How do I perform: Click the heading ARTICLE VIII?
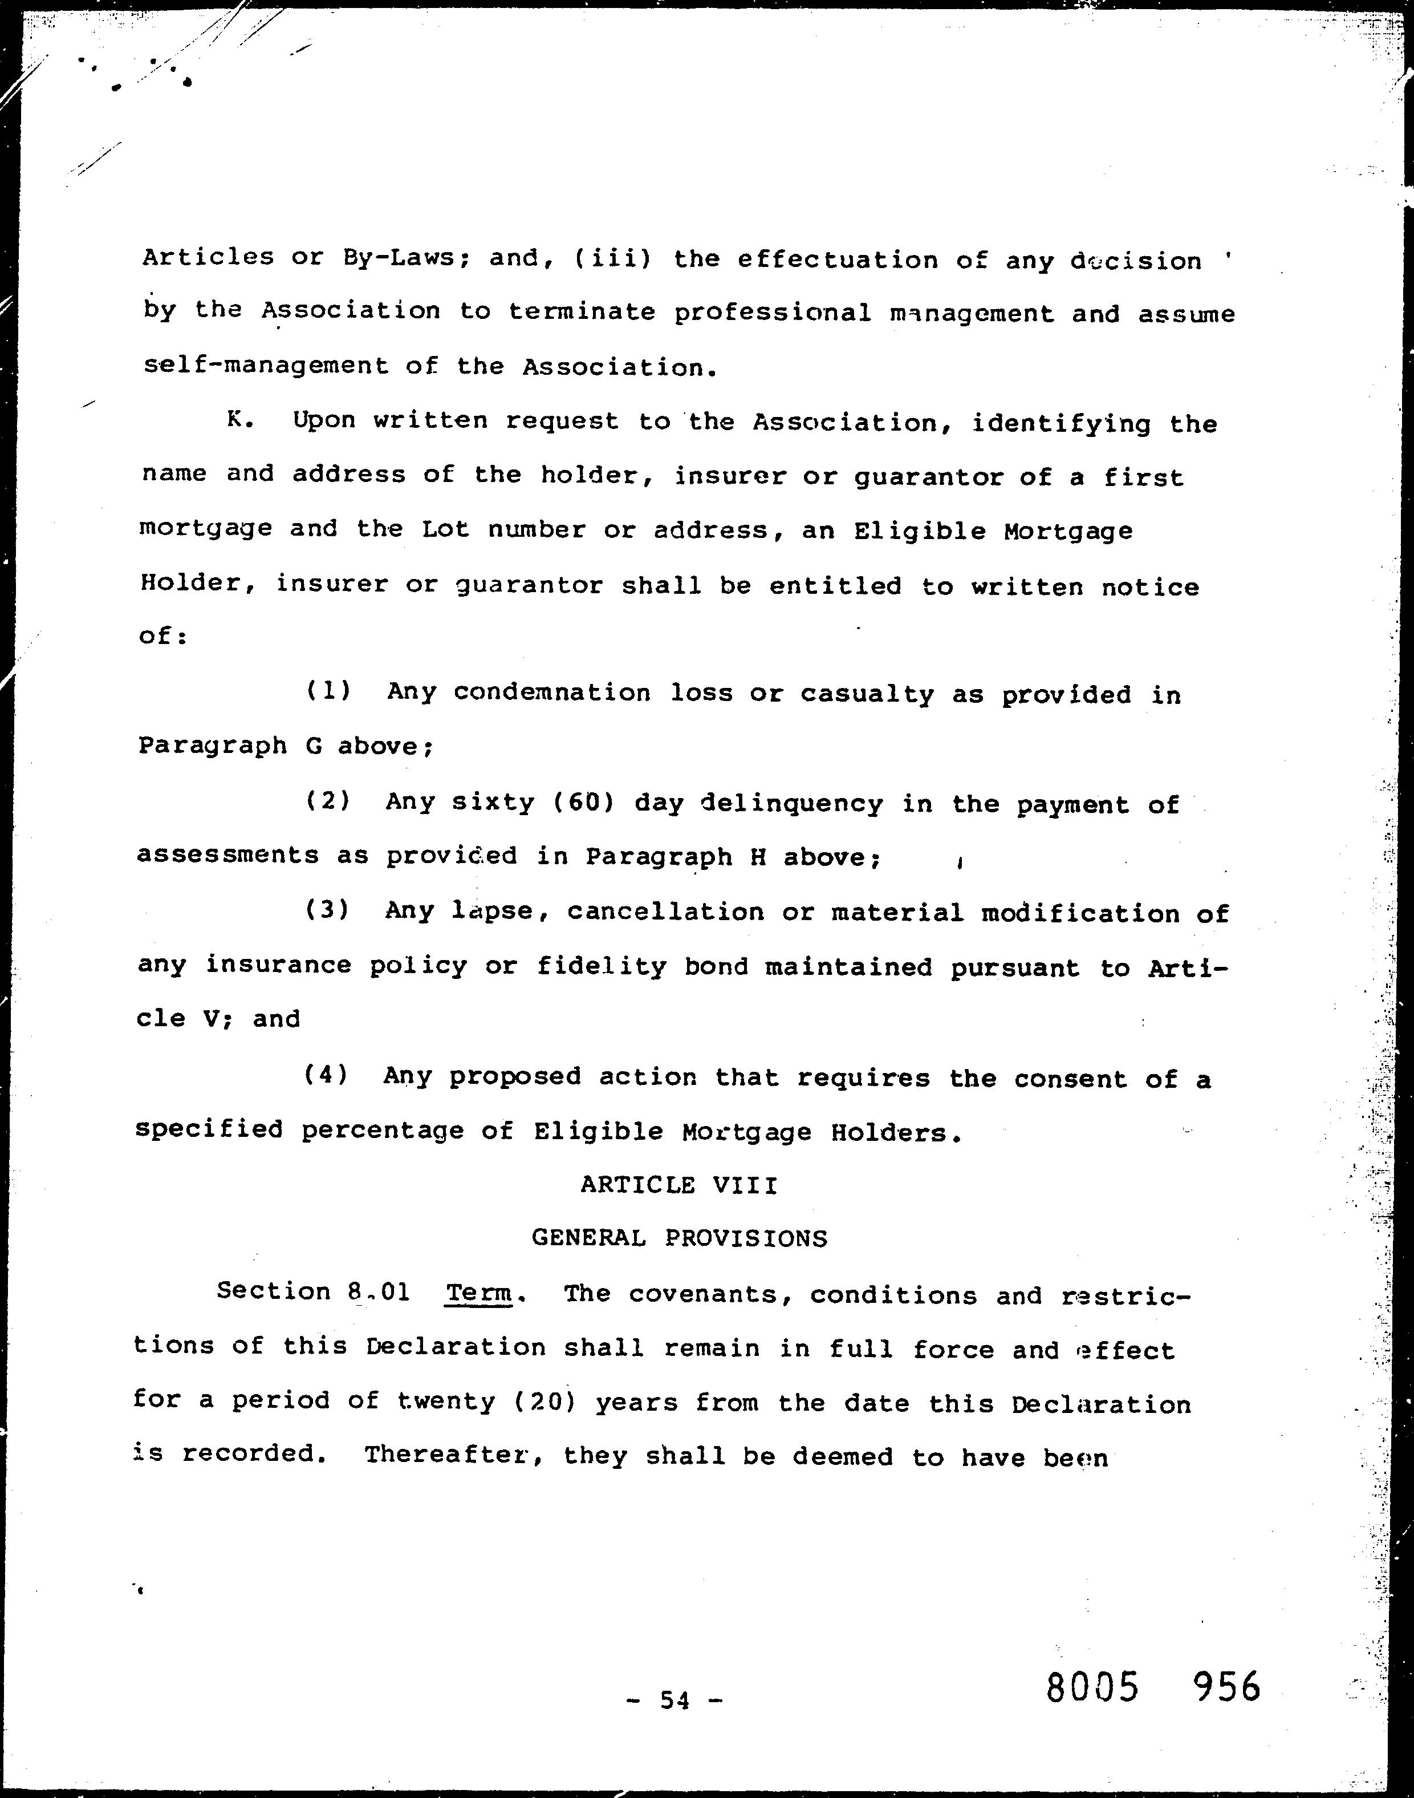(679, 1185)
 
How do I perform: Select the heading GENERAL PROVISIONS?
(679, 1238)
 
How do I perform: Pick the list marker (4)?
(326, 1075)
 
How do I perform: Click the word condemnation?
(552, 693)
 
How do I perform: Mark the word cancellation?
(665, 912)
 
